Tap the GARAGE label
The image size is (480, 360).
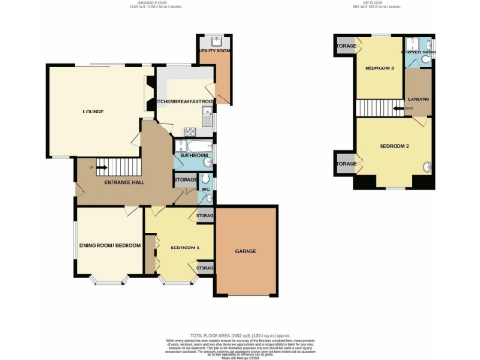point(246,251)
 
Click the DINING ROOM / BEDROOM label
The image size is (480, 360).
point(109,245)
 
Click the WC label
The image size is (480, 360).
point(204,190)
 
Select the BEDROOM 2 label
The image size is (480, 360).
point(395,147)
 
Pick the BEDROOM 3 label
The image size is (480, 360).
point(379,69)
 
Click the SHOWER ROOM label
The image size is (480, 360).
point(418,52)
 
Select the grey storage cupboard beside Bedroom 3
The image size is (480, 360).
point(344,44)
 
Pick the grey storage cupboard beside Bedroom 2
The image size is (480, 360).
point(344,164)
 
